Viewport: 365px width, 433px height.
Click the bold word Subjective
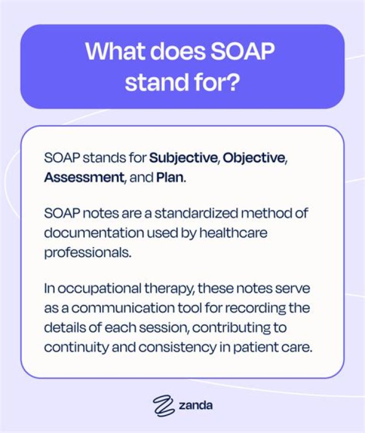183,158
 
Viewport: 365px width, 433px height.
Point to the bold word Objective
254,158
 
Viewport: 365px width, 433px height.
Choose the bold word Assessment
83,178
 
